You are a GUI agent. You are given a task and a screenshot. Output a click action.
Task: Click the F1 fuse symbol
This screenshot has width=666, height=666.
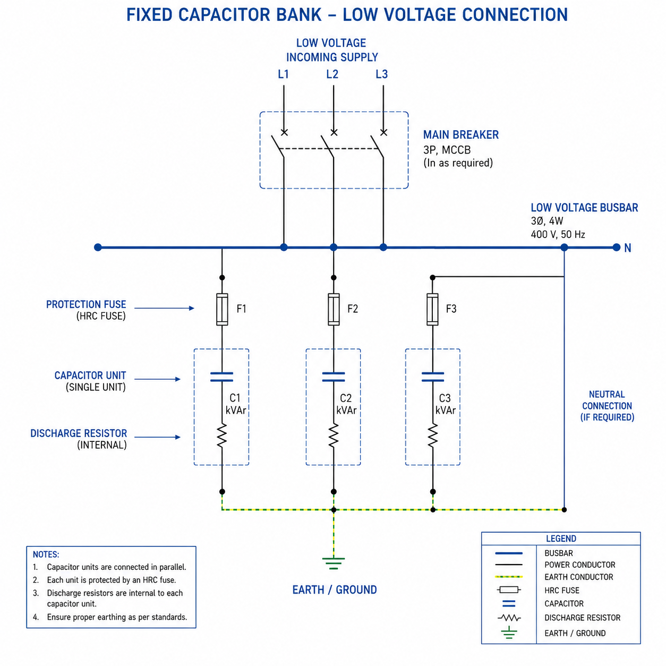point(222,309)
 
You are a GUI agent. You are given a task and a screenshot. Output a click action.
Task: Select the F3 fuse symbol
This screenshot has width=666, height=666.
point(432,309)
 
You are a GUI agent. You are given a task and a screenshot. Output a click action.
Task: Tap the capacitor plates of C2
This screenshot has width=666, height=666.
point(333,377)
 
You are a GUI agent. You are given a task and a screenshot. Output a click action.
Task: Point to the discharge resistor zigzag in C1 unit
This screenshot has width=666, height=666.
point(222,436)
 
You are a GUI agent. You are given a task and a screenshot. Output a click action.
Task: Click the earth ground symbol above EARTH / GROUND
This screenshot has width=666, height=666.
point(333,563)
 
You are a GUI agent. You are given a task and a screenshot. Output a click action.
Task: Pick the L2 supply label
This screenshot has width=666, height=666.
point(332,74)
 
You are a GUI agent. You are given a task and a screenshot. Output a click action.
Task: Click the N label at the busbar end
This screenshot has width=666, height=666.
point(627,248)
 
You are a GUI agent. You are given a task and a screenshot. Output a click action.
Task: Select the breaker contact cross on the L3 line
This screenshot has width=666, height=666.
point(383,132)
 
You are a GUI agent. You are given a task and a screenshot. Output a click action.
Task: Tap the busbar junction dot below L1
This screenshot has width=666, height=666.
point(284,247)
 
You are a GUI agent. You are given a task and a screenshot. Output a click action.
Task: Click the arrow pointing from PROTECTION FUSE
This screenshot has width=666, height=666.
point(164,308)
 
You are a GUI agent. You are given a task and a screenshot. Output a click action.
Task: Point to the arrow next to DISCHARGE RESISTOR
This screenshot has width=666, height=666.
point(157,437)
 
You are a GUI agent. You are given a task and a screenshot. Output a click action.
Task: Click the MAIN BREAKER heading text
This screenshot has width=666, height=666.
point(460,135)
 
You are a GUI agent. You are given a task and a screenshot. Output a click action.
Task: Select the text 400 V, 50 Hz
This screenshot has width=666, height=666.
point(558,234)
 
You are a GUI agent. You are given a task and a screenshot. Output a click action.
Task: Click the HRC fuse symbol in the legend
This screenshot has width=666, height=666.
point(509,590)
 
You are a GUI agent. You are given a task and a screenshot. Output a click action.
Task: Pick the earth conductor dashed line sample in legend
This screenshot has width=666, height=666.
point(509,577)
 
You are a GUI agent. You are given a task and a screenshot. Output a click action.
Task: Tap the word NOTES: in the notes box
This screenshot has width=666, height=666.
point(46,554)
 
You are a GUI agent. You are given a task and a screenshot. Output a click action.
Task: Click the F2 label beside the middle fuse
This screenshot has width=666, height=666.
point(353,309)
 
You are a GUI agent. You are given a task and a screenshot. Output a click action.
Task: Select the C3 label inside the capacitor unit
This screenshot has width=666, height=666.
point(445,398)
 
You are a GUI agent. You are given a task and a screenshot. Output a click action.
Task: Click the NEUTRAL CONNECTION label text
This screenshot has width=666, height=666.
point(607,400)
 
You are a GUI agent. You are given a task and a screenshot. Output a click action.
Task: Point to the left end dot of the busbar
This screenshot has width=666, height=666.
point(98,247)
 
